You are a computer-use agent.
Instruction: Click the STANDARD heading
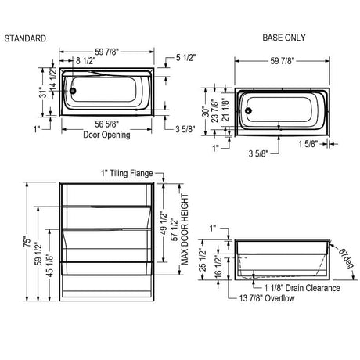point(25,38)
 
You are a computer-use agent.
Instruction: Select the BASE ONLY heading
point(284,38)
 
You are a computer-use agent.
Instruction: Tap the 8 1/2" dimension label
point(86,61)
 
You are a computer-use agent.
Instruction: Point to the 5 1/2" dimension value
point(185,58)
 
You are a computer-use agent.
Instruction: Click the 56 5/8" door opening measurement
point(106,124)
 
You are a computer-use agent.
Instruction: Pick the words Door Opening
point(106,135)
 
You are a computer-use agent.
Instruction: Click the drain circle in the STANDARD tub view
point(73,91)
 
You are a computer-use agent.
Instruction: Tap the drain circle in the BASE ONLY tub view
point(248,111)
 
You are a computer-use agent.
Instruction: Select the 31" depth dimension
point(44,92)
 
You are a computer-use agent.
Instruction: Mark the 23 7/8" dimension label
point(214,110)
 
